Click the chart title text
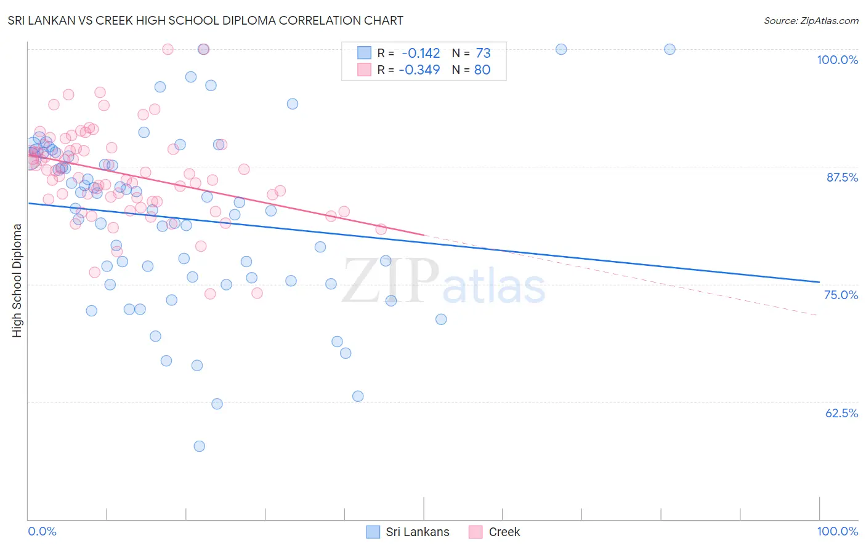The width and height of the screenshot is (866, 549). (205, 20)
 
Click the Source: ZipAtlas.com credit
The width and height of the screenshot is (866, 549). (811, 20)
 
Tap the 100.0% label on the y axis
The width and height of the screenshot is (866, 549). (837, 60)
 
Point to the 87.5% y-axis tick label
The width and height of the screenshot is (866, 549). (841, 177)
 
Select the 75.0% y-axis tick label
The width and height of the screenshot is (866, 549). (841, 295)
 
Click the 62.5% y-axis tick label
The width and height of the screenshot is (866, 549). (841, 413)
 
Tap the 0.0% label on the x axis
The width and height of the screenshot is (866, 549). (42, 531)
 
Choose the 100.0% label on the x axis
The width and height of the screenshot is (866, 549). (837, 531)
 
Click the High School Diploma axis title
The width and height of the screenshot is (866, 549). (17, 280)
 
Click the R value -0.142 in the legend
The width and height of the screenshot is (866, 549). (421, 53)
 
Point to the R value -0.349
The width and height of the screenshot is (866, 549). (419, 70)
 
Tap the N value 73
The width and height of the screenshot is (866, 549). (483, 53)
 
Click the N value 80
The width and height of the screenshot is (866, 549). (482, 70)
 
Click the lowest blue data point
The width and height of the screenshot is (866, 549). (199, 446)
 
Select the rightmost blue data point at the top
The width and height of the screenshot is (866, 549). (670, 49)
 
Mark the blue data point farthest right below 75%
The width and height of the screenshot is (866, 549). (441, 319)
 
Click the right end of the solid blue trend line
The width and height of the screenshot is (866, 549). (819, 282)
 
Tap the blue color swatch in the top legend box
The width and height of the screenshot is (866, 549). (364, 53)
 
